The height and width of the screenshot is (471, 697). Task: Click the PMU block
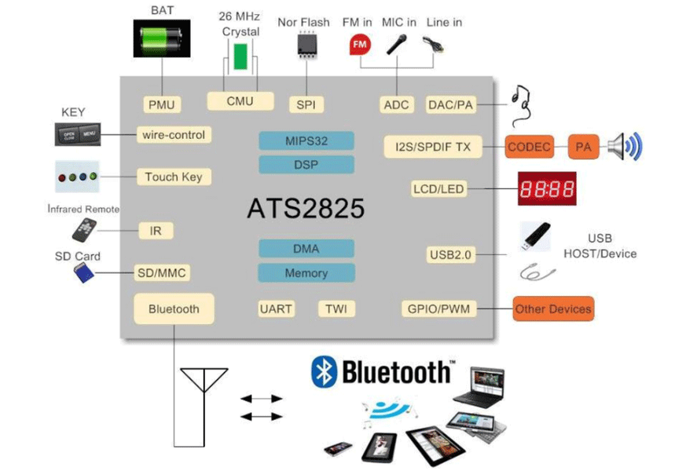click(x=162, y=104)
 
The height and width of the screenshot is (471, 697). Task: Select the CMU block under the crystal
click(x=240, y=101)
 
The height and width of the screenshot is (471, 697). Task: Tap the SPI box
click(x=305, y=104)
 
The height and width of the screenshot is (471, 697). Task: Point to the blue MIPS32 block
click(x=306, y=141)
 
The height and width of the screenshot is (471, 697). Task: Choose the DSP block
click(x=306, y=165)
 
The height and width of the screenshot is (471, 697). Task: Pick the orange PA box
click(x=582, y=147)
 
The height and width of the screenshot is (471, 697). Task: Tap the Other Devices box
click(x=552, y=309)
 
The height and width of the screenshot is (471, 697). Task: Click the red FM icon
click(x=359, y=45)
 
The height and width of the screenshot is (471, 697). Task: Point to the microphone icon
click(x=398, y=43)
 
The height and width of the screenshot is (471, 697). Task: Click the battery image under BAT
click(x=162, y=37)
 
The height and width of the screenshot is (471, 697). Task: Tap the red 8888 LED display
click(x=546, y=189)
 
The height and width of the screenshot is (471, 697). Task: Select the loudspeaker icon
click(x=626, y=147)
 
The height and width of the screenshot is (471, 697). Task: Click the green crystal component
click(x=240, y=57)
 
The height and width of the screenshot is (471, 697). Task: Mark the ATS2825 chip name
click(x=306, y=208)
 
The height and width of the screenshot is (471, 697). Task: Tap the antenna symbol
click(x=204, y=392)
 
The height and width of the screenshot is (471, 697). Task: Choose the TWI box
click(x=336, y=309)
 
